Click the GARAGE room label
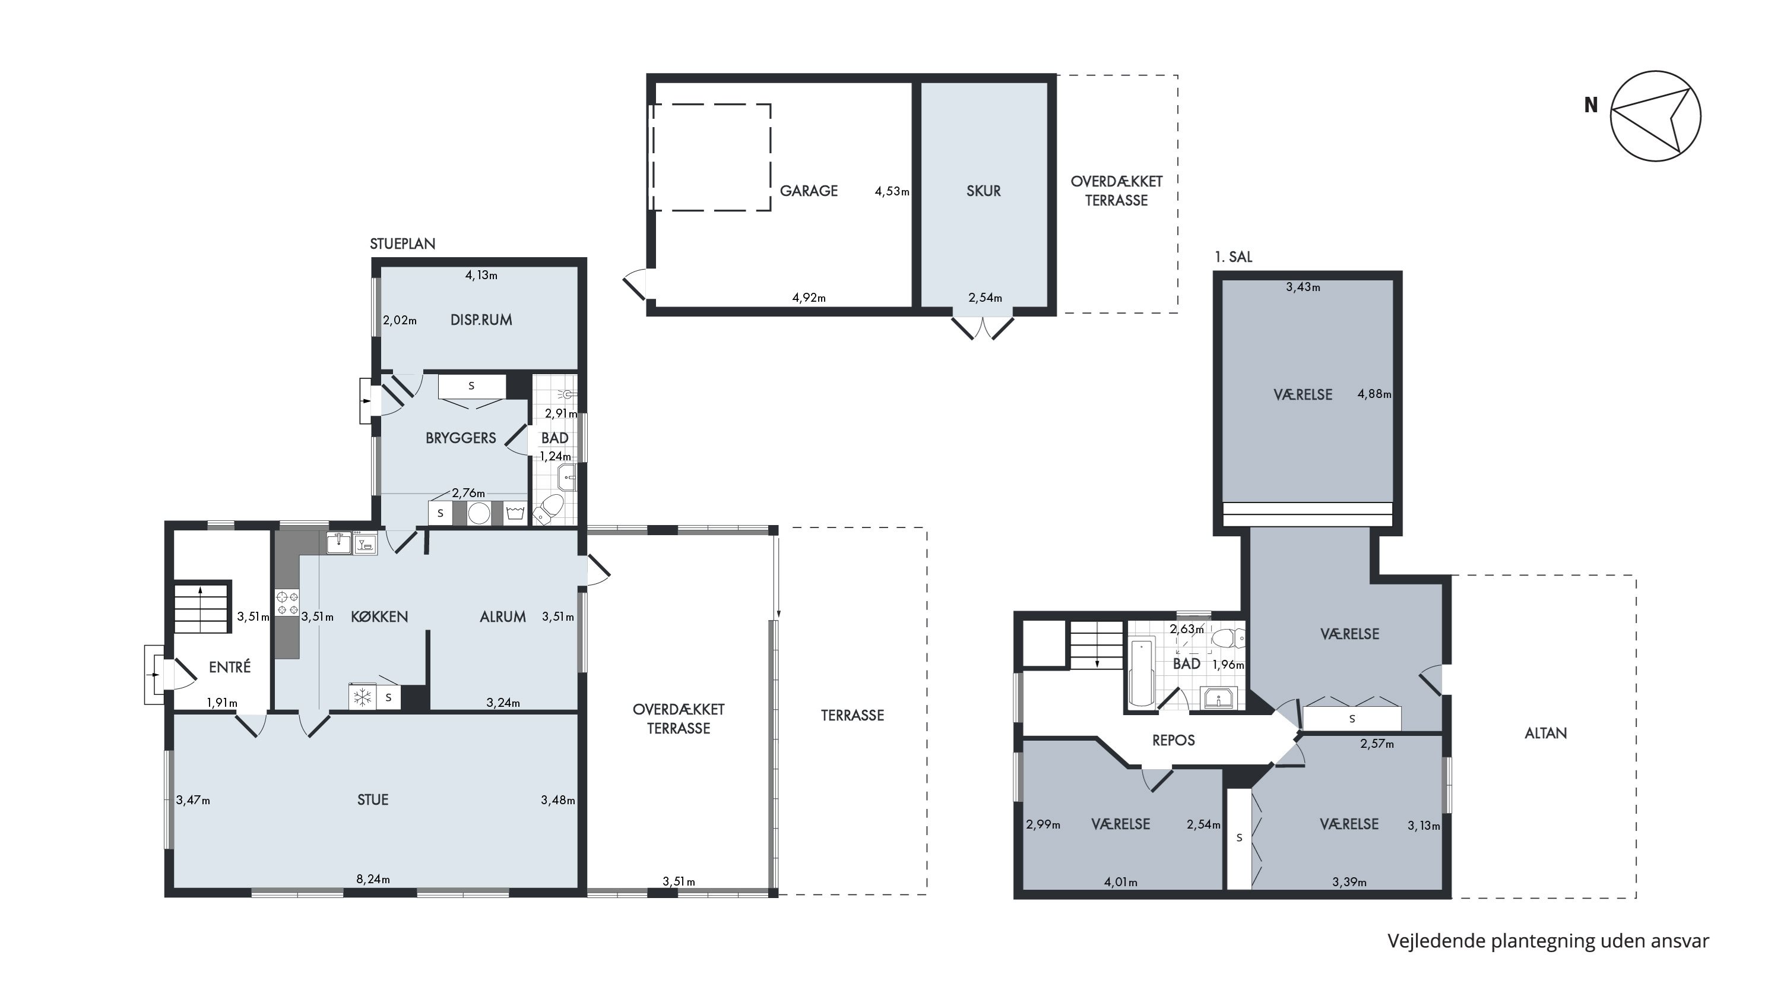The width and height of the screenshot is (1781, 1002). pyautogui.click(x=808, y=191)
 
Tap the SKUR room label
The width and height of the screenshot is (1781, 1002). pyautogui.click(x=983, y=191)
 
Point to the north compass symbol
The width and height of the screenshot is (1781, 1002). pyautogui.click(x=1655, y=116)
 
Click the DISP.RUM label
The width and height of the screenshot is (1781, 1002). pyautogui.click(x=481, y=320)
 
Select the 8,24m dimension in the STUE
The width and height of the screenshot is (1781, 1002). pyautogui.click(x=373, y=880)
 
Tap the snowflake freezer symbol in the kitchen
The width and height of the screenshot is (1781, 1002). pyautogui.click(x=362, y=698)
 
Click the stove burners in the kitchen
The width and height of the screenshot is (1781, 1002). pyautogui.click(x=287, y=602)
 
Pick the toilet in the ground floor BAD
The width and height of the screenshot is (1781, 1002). pyautogui.click(x=549, y=510)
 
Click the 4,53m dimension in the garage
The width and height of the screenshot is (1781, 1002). pyautogui.click(x=892, y=191)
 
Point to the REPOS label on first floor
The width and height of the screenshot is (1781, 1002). pyautogui.click(x=1173, y=741)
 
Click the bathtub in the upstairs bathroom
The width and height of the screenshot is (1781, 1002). pyautogui.click(x=1141, y=673)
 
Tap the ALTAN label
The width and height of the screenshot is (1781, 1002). pyautogui.click(x=1545, y=734)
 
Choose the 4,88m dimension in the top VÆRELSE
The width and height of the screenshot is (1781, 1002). pyautogui.click(x=1374, y=394)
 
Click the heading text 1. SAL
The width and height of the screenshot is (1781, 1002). pyautogui.click(x=1234, y=257)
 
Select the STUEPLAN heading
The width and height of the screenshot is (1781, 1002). pyautogui.click(x=403, y=244)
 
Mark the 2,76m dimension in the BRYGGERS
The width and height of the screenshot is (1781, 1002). pyautogui.click(x=468, y=494)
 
